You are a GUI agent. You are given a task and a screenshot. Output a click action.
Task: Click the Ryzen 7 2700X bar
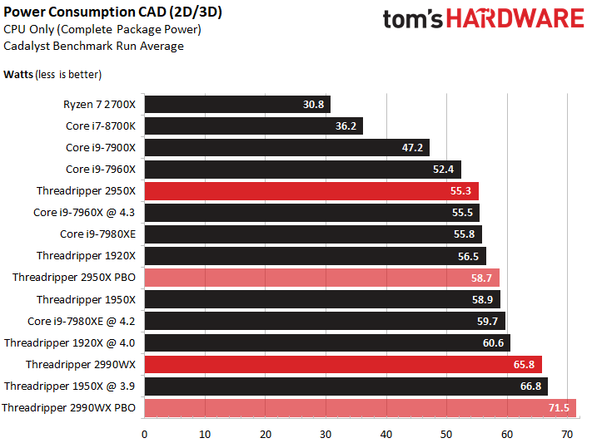pos(237,104)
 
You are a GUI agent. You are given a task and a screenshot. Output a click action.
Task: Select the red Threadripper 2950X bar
pos(311,191)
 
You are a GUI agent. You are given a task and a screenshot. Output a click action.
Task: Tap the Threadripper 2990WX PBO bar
pos(361,408)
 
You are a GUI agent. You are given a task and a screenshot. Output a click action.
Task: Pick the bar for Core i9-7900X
pos(287,147)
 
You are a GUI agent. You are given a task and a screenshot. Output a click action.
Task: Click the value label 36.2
pos(346,126)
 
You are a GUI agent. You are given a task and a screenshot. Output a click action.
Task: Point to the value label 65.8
pos(524,365)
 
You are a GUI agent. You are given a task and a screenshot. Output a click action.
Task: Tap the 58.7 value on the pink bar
pos(481,278)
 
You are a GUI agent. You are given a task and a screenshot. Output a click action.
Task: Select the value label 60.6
pos(493,342)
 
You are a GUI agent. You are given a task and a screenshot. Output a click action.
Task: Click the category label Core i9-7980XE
pos(97,234)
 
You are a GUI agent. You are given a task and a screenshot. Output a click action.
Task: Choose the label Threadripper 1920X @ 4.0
pos(69,342)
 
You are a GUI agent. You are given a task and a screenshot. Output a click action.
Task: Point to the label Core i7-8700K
pos(101,126)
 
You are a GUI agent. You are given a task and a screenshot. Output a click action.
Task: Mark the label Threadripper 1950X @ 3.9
pos(69,386)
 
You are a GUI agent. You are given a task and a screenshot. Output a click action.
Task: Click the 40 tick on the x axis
pos(386,435)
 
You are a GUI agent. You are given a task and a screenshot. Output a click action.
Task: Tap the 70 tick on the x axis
pos(567,435)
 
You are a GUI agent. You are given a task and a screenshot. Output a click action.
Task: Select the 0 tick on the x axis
pos(144,435)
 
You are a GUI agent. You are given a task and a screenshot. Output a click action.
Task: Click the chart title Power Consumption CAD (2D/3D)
pos(112,12)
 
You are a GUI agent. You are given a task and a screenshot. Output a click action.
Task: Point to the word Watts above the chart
pos(18,74)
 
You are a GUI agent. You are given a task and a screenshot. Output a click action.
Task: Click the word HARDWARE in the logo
pos(515,18)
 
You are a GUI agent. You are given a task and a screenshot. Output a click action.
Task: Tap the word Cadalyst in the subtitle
pos(27,46)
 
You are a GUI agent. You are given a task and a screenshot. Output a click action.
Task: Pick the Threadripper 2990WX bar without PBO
pos(343,365)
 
